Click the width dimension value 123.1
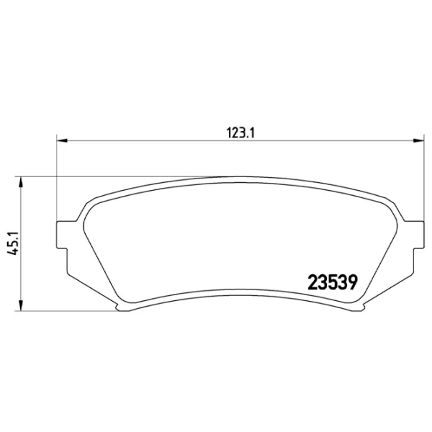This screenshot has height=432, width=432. [243, 132]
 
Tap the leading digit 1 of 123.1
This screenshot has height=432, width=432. [230, 132]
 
